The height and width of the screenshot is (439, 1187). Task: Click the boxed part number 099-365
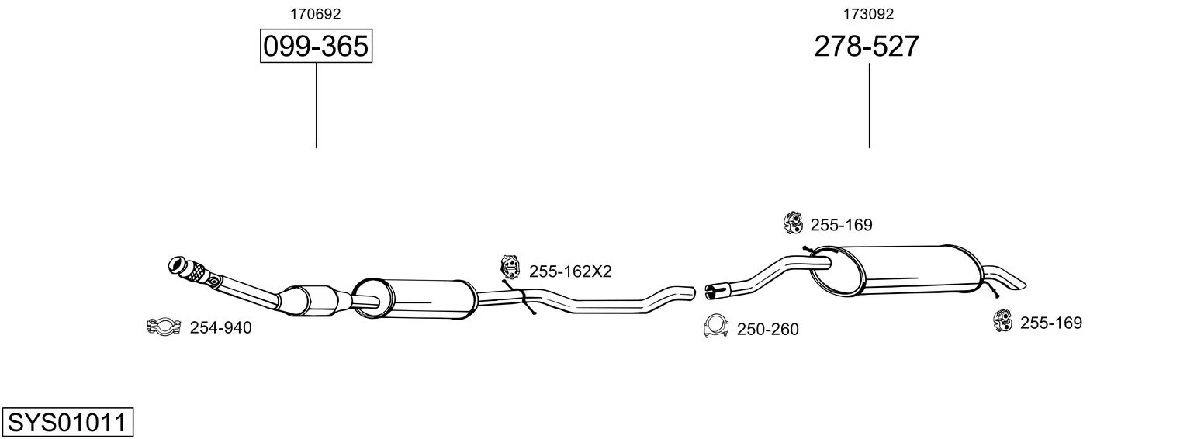click(x=316, y=46)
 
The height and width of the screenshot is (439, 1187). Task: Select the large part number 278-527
click(x=867, y=46)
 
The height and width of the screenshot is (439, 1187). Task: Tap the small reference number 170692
click(x=315, y=14)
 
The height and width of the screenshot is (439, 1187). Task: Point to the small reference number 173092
click(x=868, y=14)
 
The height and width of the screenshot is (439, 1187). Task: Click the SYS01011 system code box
click(x=67, y=422)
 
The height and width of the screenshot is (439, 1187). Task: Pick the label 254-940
click(x=220, y=328)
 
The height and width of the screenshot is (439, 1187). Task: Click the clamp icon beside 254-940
click(x=164, y=327)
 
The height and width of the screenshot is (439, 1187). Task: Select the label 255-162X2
click(x=570, y=271)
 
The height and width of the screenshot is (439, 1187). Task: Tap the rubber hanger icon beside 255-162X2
click(x=510, y=266)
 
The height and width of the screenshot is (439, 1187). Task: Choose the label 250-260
click(x=768, y=330)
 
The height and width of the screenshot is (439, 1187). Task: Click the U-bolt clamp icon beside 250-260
click(x=715, y=326)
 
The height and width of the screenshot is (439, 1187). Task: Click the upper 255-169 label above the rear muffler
click(x=842, y=225)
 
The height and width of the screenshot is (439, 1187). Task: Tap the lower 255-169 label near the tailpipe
click(x=1051, y=323)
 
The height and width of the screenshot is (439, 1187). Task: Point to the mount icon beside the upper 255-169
click(x=794, y=223)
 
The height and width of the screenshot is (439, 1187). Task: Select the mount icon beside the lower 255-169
click(x=1003, y=320)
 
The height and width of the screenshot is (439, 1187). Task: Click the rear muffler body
click(x=895, y=270)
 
